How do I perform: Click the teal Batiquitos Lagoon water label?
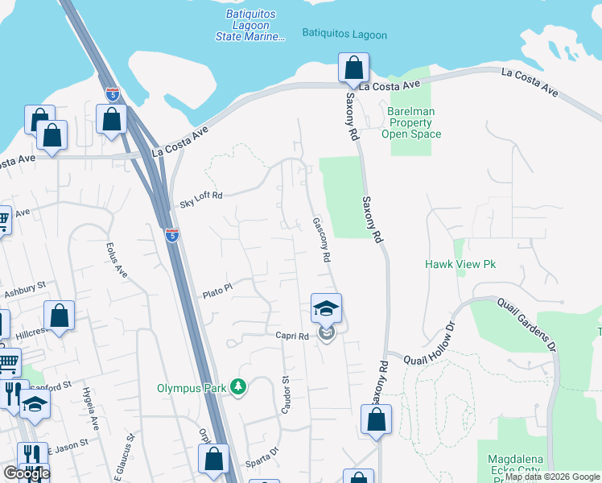point(344,35)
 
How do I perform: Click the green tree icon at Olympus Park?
point(237,387)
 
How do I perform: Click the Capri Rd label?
point(291,336)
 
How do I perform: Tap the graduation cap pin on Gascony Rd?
point(326,308)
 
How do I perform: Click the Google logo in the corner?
point(26,473)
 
